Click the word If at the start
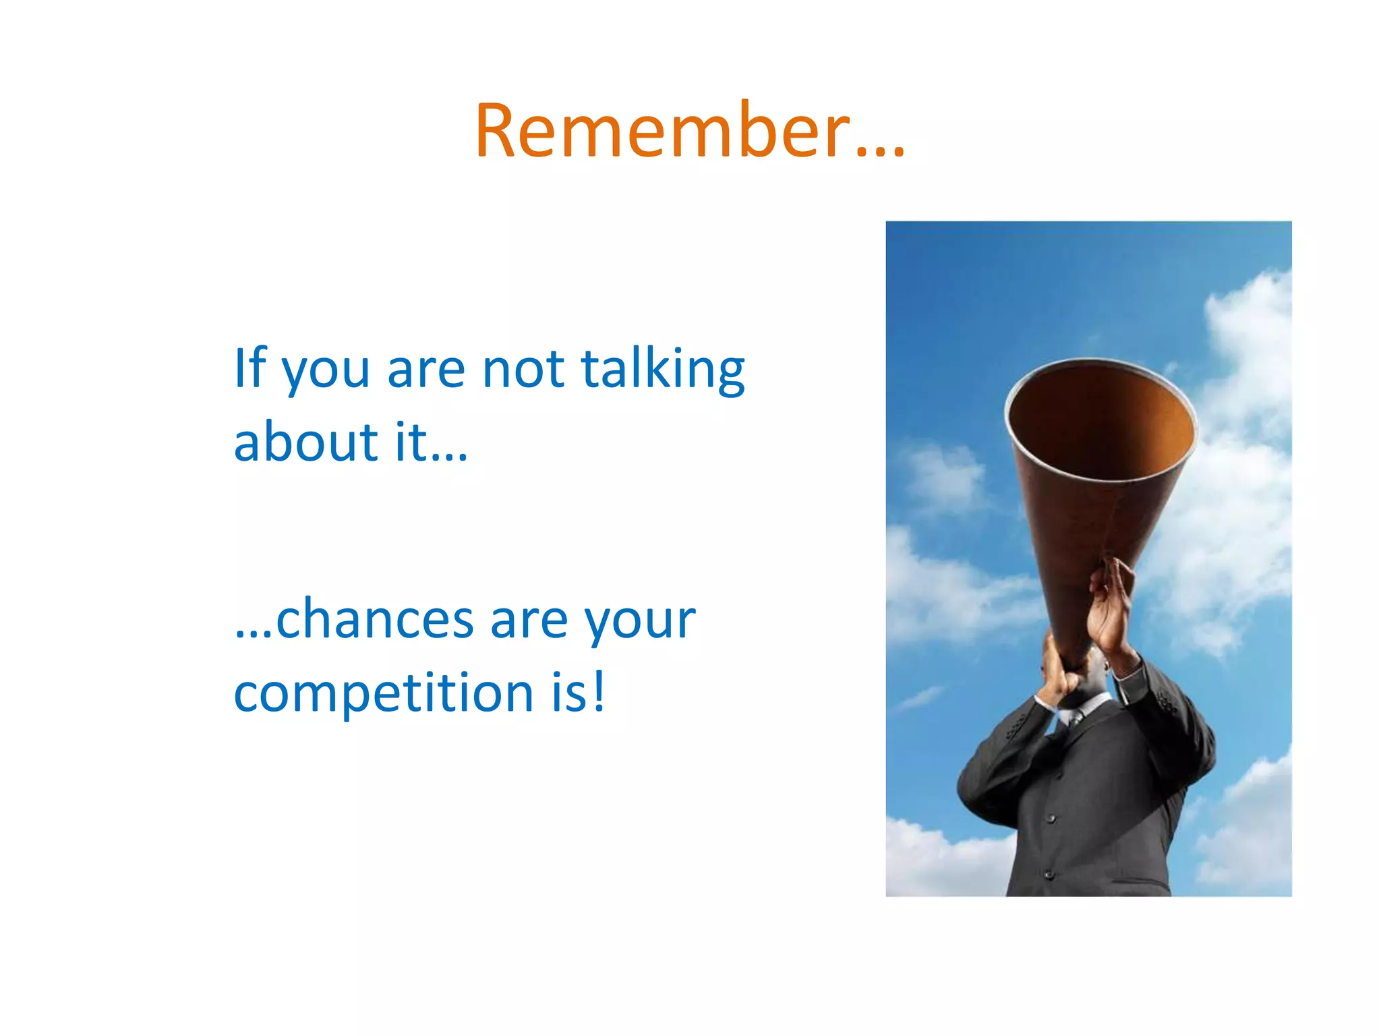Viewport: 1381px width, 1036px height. tap(250, 368)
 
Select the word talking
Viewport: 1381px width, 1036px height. tap(662, 370)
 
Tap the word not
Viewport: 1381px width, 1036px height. tap(523, 369)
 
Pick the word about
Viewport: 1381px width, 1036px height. tap(306, 442)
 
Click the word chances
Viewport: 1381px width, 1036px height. tap(374, 618)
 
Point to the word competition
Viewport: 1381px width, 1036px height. tap(384, 693)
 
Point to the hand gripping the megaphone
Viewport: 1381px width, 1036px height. tap(1109, 607)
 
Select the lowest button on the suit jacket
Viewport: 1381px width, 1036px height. tap(1049, 875)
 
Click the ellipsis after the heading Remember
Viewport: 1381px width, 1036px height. tap(880, 152)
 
